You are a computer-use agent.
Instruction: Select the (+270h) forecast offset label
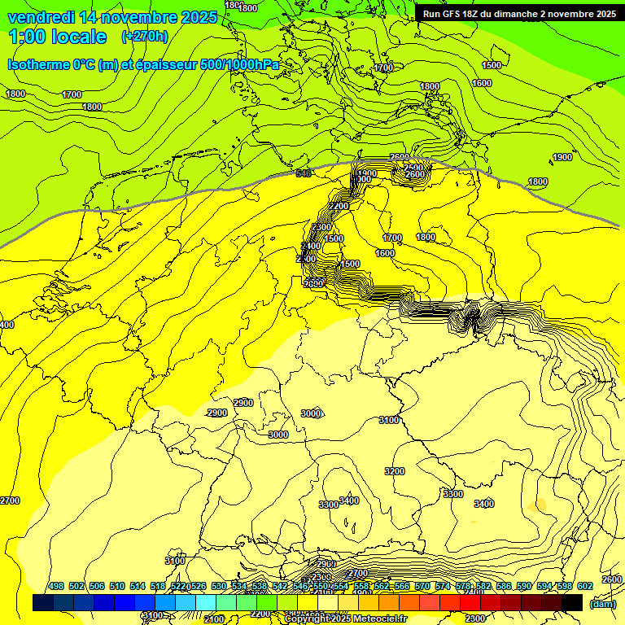pyautogui.click(x=145, y=37)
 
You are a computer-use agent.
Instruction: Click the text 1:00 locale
pyautogui.click(x=57, y=37)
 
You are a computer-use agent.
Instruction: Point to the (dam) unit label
pyautogui.click(x=602, y=603)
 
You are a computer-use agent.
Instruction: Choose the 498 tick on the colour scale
pyautogui.click(x=56, y=587)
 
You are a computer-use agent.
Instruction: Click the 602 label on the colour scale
pyautogui.click(x=585, y=587)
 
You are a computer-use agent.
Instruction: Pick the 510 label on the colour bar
pyautogui.click(x=117, y=587)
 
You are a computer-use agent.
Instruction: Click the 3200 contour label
pyautogui.click(x=395, y=471)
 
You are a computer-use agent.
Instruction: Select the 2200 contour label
pyautogui.click(x=339, y=207)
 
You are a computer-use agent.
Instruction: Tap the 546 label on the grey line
pyautogui.click(x=304, y=173)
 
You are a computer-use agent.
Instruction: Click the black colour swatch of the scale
pyautogui.click(x=572, y=602)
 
